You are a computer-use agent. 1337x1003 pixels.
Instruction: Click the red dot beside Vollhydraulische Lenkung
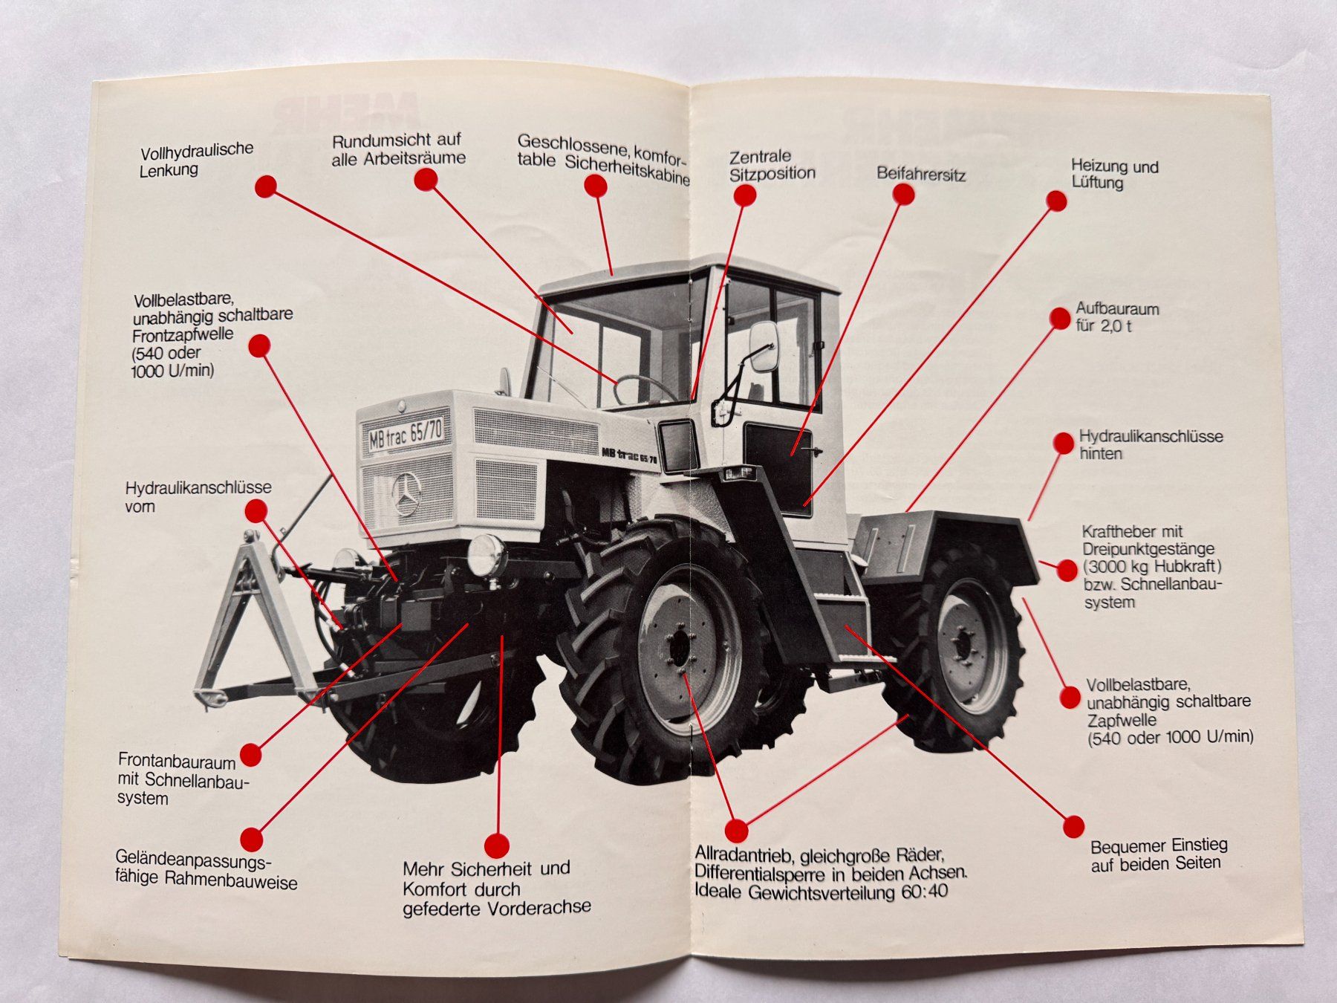[266, 186]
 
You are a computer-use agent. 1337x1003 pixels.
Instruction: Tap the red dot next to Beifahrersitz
[903, 195]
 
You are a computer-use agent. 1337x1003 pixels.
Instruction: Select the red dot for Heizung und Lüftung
[1056, 201]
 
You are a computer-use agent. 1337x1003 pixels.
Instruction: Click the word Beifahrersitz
[920, 175]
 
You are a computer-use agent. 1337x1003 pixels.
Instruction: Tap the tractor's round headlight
[487, 555]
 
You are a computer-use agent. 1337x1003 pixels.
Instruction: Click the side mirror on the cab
[763, 346]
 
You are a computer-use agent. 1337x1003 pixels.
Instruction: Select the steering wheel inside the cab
[643, 388]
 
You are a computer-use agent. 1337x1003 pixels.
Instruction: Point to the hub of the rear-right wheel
[964, 643]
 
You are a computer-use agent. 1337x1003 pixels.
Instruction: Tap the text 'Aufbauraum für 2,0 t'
[1116, 317]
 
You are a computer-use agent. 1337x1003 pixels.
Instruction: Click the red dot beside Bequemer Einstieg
[1073, 826]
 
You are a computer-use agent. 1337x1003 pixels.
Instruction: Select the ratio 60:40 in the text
[924, 892]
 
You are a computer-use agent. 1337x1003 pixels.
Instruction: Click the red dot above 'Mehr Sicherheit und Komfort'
[496, 845]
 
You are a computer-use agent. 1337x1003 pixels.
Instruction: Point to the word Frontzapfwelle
[183, 334]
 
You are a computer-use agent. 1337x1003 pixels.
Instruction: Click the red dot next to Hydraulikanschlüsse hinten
[1063, 444]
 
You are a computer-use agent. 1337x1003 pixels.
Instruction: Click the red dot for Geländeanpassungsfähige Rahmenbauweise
[252, 840]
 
